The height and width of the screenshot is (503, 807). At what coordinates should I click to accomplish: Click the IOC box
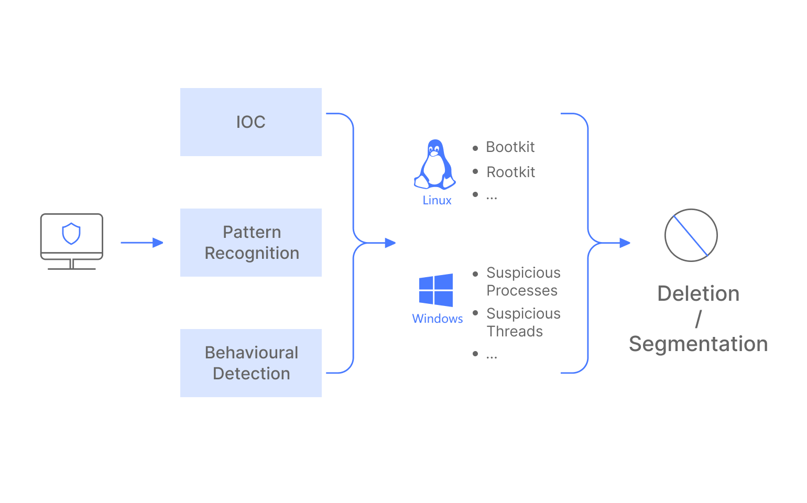click(x=250, y=122)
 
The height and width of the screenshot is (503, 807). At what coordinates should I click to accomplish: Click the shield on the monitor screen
click(x=71, y=234)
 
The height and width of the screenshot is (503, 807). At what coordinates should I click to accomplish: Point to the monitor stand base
click(x=71, y=268)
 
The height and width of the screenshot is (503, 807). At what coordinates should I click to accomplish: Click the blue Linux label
click(x=437, y=200)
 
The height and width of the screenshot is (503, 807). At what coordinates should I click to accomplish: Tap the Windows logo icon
click(x=436, y=290)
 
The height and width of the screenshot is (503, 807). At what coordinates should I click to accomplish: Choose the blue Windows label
click(x=438, y=319)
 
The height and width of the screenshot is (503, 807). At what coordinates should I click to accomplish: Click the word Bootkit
click(x=510, y=147)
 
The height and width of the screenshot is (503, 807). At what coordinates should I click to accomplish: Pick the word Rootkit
click(x=510, y=172)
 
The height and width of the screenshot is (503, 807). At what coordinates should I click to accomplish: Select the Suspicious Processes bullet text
click(x=522, y=282)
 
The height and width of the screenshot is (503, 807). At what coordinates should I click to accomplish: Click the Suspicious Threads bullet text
click(x=522, y=322)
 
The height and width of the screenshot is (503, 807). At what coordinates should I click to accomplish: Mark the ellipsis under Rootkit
click(x=492, y=198)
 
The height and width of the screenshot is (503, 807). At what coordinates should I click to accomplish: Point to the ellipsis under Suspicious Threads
click(x=492, y=356)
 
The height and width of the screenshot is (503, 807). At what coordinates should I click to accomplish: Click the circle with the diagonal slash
click(x=691, y=235)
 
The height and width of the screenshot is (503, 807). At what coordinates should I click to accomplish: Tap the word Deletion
click(x=698, y=294)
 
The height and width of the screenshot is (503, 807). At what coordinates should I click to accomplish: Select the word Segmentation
click(x=698, y=344)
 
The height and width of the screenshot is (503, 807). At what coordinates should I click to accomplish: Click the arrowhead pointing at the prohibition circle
click(x=625, y=243)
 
